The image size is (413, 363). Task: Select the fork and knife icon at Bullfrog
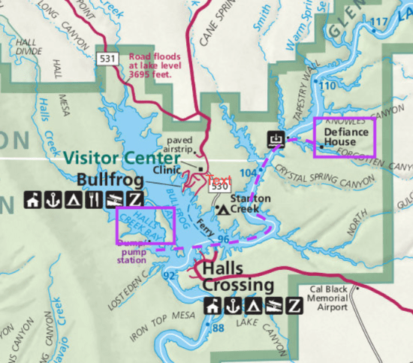click(93, 200)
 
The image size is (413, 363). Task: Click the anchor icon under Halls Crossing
click(233, 305)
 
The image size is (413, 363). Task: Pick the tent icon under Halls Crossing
click(253, 305)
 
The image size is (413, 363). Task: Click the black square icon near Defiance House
click(276, 138)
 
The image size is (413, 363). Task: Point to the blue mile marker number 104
click(248, 172)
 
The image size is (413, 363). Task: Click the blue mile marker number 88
click(218, 328)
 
